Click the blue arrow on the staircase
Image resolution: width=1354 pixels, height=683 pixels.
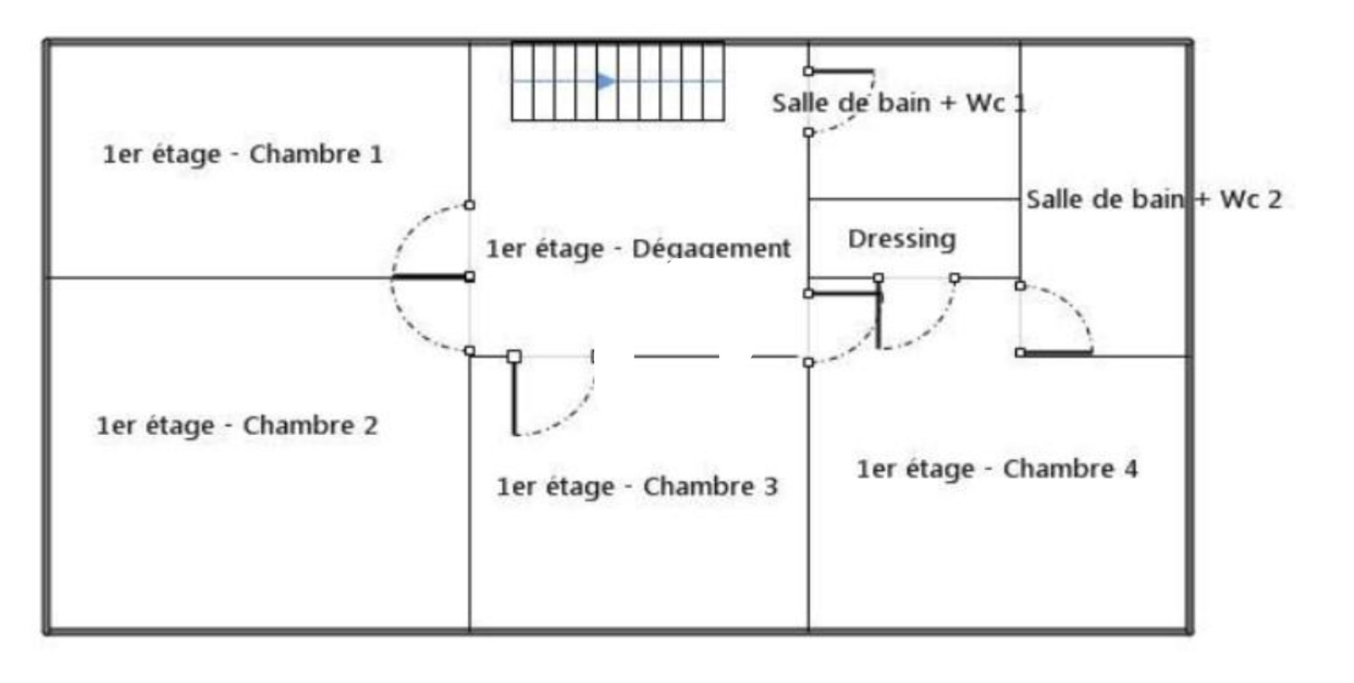(606, 81)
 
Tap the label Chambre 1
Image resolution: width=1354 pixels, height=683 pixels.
(316, 154)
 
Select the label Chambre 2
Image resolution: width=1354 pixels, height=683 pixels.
(311, 426)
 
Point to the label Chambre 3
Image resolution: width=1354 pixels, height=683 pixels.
(710, 487)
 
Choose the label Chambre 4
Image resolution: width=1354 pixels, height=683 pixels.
(1071, 469)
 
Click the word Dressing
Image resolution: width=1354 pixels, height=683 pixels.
(902, 240)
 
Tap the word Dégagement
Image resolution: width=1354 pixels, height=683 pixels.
(711, 249)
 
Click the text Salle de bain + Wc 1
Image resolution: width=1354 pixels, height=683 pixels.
(900, 102)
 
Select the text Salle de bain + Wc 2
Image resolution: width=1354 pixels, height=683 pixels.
(1154, 200)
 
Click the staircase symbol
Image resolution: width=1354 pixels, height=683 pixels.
(618, 81)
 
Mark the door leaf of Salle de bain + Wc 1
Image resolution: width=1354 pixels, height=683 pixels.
(841, 71)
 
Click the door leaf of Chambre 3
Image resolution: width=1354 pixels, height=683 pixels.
(515, 395)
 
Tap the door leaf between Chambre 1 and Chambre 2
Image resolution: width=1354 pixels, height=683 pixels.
(432, 277)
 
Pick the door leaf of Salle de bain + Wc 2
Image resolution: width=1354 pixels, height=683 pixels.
(1057, 352)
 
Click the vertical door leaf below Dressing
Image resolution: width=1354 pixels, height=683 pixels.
(879, 313)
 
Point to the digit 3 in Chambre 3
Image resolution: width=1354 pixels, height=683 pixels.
(771, 487)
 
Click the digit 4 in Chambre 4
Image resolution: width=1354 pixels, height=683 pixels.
(1131, 469)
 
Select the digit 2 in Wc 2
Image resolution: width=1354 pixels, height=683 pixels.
(1274, 200)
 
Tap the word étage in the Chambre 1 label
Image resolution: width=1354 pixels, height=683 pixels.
(186, 155)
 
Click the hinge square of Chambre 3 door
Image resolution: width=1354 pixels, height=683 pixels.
(515, 356)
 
